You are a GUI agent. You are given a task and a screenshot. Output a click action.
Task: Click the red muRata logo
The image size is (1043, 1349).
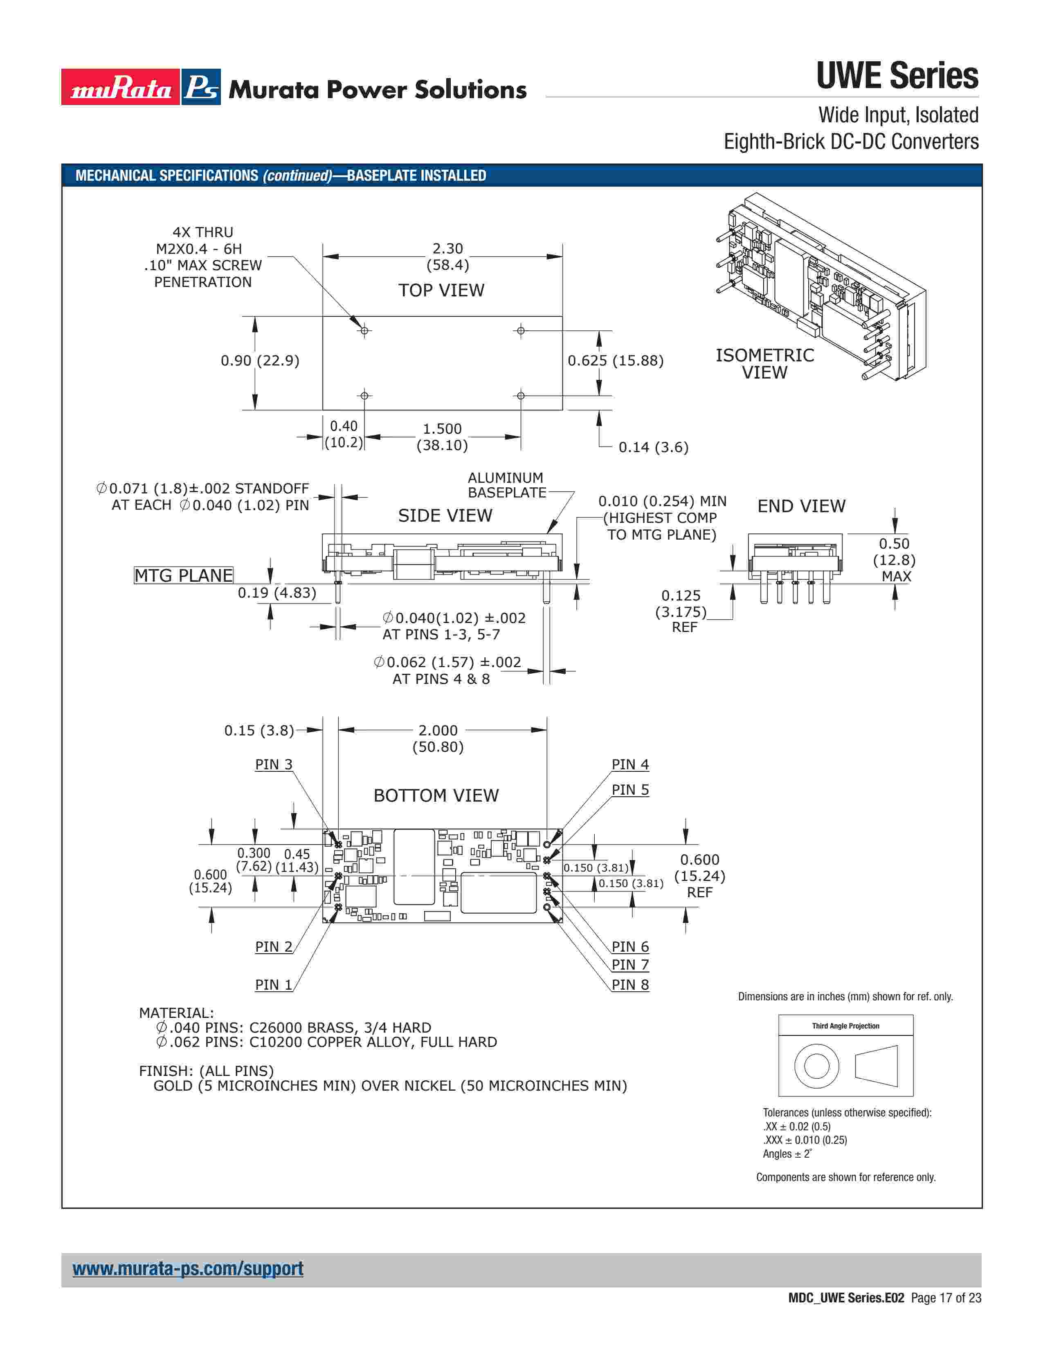(121, 87)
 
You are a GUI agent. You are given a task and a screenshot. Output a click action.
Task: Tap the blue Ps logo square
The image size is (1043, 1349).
(201, 87)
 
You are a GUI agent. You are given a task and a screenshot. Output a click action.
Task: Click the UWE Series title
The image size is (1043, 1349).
(897, 76)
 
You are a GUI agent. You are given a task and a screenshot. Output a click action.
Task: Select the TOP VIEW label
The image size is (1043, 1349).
(441, 290)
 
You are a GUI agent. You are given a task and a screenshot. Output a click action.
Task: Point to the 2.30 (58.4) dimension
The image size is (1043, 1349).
(447, 256)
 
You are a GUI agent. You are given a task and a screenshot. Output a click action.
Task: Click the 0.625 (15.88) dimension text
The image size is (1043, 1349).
(616, 361)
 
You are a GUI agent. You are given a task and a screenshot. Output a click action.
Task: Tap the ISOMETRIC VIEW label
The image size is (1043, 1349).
(764, 364)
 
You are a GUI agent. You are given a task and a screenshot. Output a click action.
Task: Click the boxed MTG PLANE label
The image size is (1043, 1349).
(184, 576)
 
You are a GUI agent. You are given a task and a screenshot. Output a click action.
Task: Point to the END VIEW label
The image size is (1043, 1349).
(801, 506)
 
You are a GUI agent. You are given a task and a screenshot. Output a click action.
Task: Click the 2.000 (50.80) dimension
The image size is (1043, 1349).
(438, 738)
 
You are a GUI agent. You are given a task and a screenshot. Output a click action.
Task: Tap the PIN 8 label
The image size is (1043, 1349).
(630, 985)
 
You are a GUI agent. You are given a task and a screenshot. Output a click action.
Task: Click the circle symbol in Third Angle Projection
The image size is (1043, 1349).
(816, 1066)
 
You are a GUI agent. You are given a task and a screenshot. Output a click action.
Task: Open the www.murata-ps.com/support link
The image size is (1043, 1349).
(188, 1269)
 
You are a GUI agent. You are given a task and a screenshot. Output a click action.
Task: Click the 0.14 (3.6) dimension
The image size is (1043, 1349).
(653, 447)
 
